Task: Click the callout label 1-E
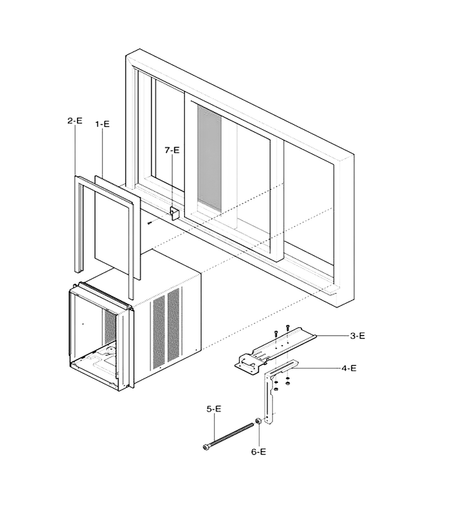(102, 124)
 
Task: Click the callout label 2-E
(75, 121)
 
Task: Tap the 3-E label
(358, 336)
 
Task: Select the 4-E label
(349, 368)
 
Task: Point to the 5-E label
(214, 409)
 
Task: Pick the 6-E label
(259, 452)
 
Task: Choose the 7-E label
(172, 150)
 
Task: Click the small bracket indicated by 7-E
(174, 213)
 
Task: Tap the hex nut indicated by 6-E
(258, 421)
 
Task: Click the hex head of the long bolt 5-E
(205, 447)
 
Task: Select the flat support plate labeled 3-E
(274, 350)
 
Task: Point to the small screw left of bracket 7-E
(150, 222)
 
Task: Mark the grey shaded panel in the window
(209, 158)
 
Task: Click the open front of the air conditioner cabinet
(93, 336)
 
